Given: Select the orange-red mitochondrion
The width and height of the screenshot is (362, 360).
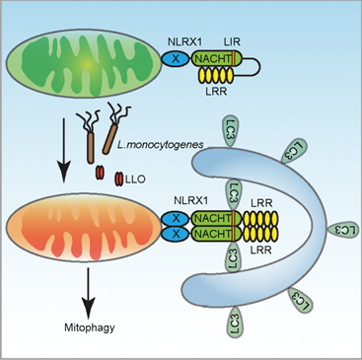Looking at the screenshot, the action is (84, 227).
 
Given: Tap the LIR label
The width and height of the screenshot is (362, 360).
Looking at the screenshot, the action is (232, 42).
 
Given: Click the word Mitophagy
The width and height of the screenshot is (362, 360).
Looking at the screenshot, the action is (90, 327).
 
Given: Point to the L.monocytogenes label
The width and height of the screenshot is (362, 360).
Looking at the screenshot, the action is (160, 144).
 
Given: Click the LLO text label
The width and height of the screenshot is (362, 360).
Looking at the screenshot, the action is (135, 180).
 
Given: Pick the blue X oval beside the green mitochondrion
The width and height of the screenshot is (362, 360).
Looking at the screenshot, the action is (176, 59).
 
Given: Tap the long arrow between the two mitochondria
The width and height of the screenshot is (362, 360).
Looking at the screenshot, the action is (64, 150).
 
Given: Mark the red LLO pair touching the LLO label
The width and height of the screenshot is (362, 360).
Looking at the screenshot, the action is (118, 180).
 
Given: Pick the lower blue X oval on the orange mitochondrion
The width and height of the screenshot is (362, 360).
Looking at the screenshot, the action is (176, 234).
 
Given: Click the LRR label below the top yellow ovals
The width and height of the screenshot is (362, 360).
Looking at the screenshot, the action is (216, 91).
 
